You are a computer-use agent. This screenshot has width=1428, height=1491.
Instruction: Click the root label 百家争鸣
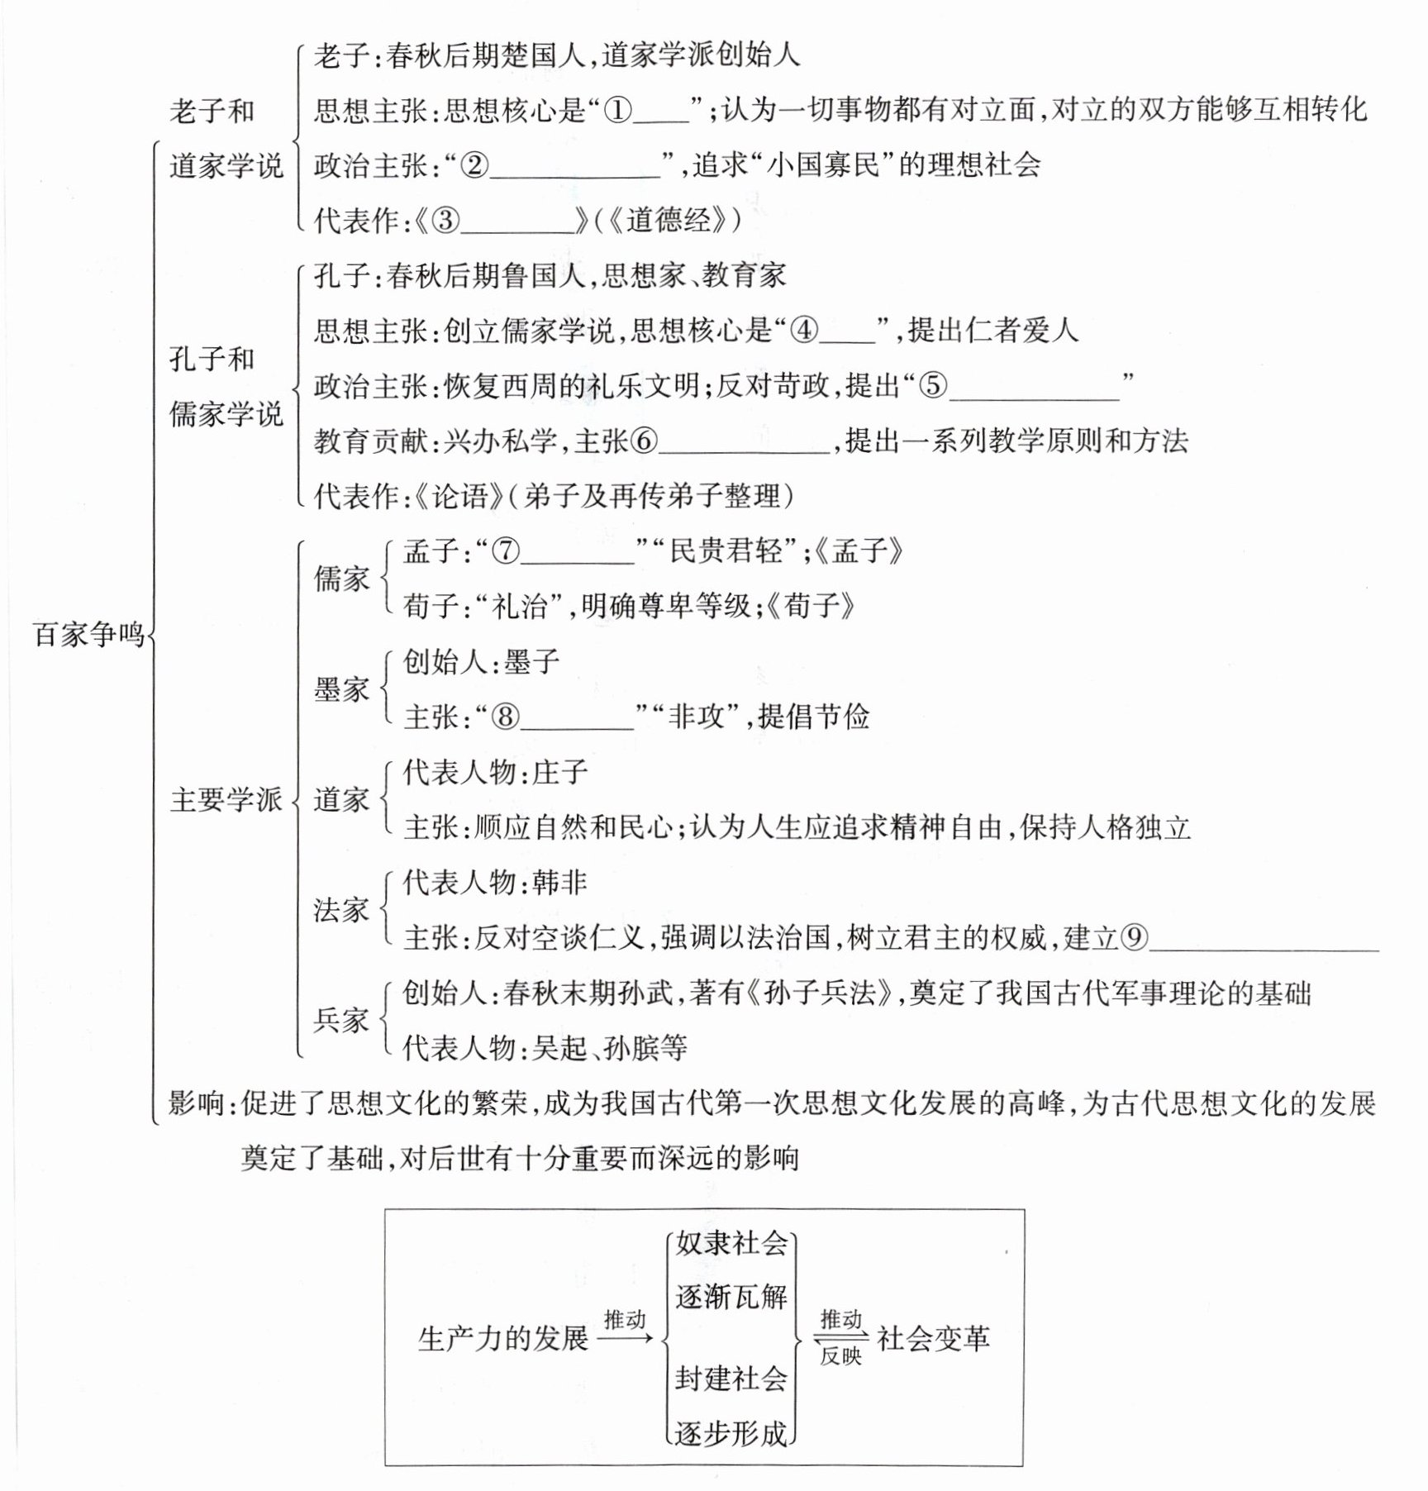click(x=88, y=635)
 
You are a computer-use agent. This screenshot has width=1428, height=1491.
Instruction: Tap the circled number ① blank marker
click(x=618, y=110)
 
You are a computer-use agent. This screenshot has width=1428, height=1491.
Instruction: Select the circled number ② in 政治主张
click(x=474, y=165)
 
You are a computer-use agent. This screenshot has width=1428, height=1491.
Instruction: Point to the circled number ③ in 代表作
click(x=445, y=220)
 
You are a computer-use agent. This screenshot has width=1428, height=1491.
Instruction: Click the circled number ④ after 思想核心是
click(x=804, y=331)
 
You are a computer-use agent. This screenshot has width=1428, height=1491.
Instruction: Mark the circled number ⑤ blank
click(x=933, y=386)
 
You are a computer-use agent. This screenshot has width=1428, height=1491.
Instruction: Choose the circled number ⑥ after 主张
click(x=644, y=441)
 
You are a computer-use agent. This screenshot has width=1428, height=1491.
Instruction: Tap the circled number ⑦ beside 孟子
click(x=506, y=551)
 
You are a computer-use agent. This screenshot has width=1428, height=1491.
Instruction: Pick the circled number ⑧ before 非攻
click(x=506, y=717)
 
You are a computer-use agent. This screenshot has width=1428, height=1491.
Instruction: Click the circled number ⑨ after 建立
click(x=1135, y=937)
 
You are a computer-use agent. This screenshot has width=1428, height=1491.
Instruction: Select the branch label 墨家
click(x=341, y=689)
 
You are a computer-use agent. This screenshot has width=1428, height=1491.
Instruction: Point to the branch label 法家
click(x=341, y=910)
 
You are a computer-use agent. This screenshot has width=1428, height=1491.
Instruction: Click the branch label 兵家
click(x=341, y=1020)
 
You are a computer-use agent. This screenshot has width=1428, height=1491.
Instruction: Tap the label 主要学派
click(x=226, y=800)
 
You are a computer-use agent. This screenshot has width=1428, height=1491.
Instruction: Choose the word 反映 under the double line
click(x=840, y=1356)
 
